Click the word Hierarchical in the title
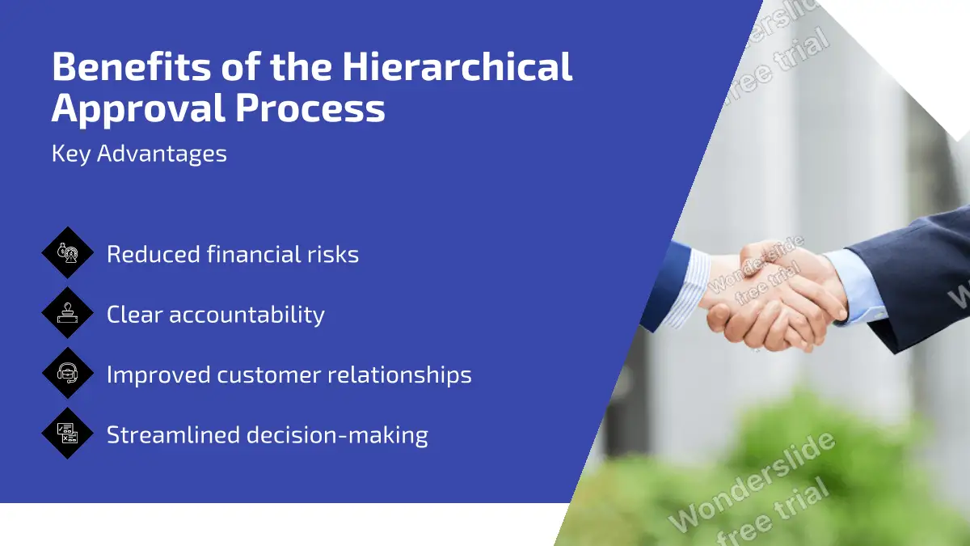tap(457, 66)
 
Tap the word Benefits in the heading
tap(131, 66)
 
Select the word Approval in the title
tap(138, 108)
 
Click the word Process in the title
tap(310, 108)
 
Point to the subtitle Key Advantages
tap(139, 154)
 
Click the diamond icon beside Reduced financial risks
tap(68, 252)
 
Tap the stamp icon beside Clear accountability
tap(68, 312)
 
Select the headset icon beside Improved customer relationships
tap(68, 373)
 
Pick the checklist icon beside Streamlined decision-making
tap(68, 433)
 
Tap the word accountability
tap(247, 315)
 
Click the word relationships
tap(399, 375)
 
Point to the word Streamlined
tap(173, 434)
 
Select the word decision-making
tap(337, 435)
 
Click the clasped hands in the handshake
tap(773, 299)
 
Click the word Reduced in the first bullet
tap(153, 254)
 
